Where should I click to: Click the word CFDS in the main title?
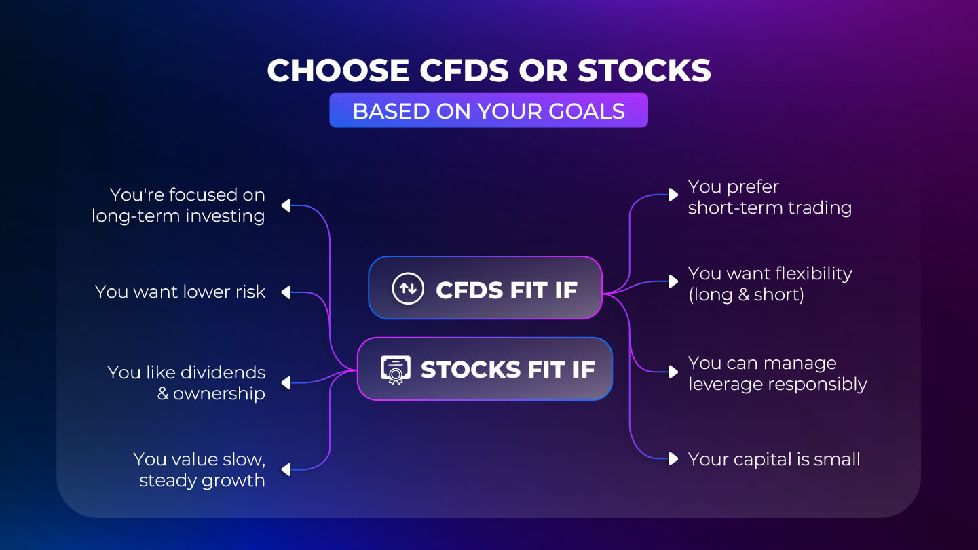click(464, 71)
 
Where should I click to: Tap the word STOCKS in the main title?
click(645, 71)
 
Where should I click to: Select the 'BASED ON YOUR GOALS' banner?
click(489, 111)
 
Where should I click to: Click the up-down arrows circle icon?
click(408, 288)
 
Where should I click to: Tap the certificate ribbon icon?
click(395, 370)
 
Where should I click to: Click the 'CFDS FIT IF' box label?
click(507, 290)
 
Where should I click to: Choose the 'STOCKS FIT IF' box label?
click(508, 370)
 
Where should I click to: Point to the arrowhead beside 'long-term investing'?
click(286, 205)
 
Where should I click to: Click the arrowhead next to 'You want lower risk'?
click(286, 292)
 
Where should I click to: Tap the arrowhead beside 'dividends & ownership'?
click(286, 383)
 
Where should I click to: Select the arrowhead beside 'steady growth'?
click(286, 470)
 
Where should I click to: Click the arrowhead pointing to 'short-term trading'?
click(674, 195)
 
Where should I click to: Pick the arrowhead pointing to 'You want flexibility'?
click(674, 281)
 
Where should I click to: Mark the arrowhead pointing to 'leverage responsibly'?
click(674, 372)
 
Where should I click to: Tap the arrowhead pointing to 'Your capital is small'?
click(674, 459)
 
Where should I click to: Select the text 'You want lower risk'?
click(180, 292)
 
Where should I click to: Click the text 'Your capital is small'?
click(774, 459)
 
